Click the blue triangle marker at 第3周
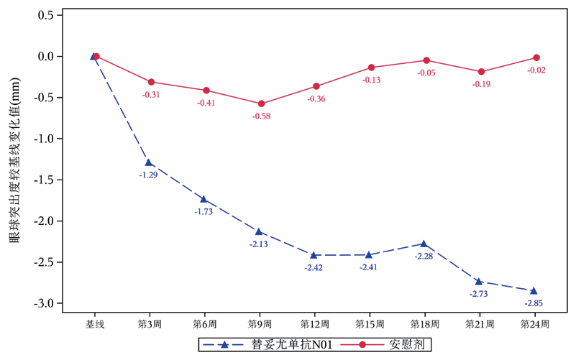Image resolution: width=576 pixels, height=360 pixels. (149, 162)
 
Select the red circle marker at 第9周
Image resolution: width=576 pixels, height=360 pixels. (261, 104)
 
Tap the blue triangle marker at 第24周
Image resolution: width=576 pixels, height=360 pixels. (534, 290)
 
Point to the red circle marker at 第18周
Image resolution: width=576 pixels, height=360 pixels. (426, 60)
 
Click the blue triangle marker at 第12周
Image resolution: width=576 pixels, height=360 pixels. (314, 255)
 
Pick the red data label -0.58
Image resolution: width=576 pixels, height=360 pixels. (261, 116)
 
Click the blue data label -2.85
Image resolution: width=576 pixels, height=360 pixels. (534, 303)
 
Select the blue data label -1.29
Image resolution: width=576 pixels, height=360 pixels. (149, 175)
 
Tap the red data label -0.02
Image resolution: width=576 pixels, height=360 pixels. (536, 70)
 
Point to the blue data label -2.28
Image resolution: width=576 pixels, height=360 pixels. (424, 257)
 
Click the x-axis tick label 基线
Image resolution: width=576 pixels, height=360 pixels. (95, 325)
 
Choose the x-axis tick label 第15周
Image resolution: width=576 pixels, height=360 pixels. (370, 325)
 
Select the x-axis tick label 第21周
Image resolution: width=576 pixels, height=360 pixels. (480, 325)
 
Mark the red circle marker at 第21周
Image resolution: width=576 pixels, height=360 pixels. (480, 72)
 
